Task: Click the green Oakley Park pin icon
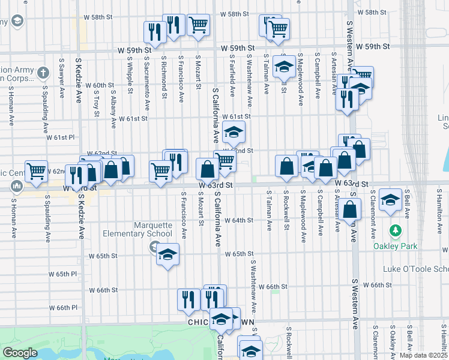(x=395, y=231)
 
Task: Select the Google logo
(x=20, y=353)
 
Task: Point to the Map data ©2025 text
(x=422, y=355)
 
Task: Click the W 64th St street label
(x=240, y=220)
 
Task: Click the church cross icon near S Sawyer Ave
(x=43, y=73)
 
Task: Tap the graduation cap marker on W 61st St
(x=234, y=131)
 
